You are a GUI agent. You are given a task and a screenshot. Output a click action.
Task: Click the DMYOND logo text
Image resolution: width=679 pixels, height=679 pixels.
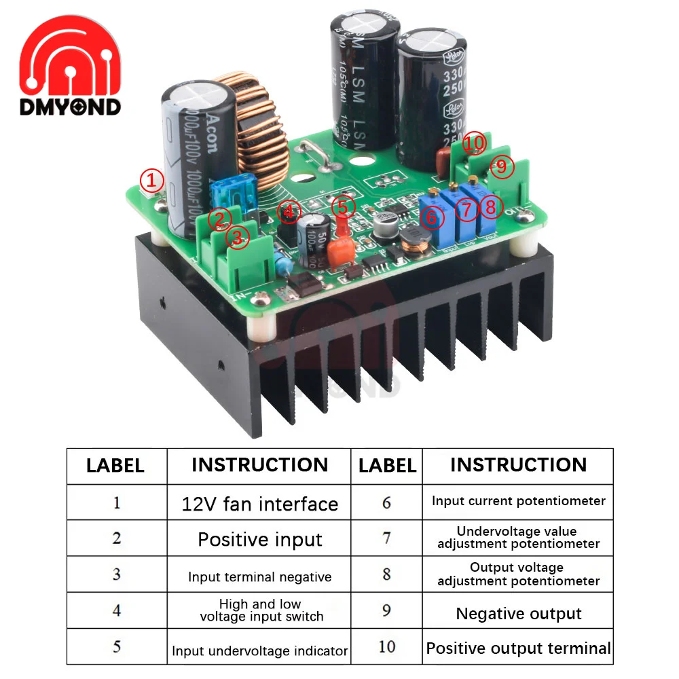(71, 107)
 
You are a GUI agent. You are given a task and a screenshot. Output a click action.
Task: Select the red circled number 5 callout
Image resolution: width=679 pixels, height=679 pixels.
(343, 206)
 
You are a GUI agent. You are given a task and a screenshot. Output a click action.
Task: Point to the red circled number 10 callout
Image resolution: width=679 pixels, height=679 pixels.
(475, 144)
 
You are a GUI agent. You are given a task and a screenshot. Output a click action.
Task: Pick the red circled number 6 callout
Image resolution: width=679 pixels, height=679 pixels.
(432, 217)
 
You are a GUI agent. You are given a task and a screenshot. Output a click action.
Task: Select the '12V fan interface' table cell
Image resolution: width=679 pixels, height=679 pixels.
(259, 504)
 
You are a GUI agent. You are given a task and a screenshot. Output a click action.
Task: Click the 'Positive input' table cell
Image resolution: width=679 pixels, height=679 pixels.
(259, 540)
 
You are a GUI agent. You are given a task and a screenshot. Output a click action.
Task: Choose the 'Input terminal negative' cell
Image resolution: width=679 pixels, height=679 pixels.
(259, 577)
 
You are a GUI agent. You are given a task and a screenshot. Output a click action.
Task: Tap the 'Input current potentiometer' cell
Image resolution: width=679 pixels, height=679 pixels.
(518, 501)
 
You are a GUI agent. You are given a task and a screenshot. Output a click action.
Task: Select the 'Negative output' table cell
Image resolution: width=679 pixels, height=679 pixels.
(518, 614)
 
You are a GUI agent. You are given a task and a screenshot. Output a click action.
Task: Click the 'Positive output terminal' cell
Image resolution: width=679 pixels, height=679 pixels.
(518, 648)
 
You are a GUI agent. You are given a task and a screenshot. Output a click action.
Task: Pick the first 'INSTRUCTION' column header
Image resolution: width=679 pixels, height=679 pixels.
(259, 465)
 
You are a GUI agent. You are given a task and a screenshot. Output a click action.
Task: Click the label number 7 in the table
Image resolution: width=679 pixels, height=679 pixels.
(386, 538)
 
